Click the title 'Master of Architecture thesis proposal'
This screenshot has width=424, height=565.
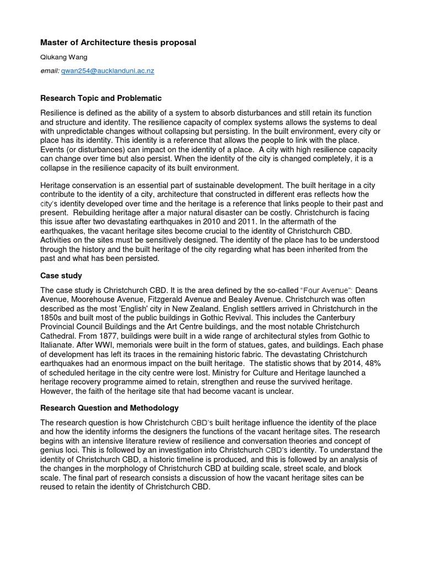[118, 42]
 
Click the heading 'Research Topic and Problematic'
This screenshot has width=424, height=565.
[101, 98]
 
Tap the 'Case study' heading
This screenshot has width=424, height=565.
[61, 276]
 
